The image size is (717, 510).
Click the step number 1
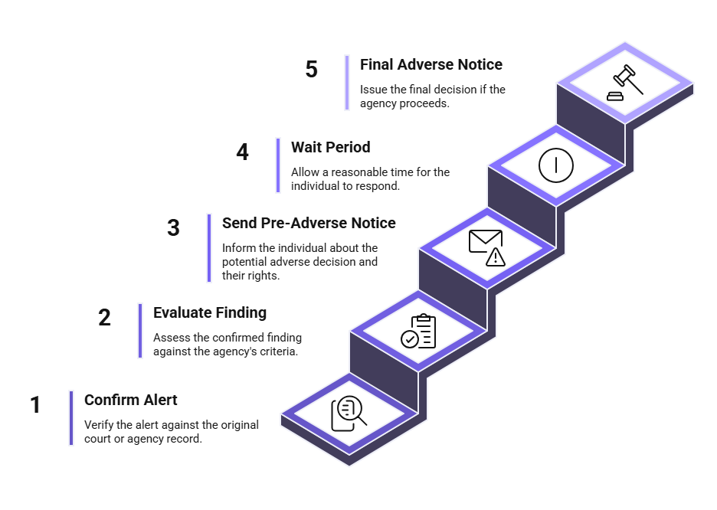click(x=35, y=405)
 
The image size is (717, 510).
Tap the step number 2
click(x=104, y=318)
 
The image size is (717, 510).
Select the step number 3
click(x=173, y=228)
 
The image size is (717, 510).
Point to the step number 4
click(x=242, y=152)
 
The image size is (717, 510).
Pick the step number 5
click(x=312, y=70)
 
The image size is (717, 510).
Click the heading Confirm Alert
click(x=131, y=400)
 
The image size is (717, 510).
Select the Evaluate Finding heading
click(x=210, y=312)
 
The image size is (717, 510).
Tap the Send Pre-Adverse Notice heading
click(x=309, y=223)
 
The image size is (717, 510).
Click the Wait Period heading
click(x=331, y=147)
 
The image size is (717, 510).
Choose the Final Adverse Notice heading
click(x=431, y=64)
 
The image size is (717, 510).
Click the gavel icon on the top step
click(x=625, y=83)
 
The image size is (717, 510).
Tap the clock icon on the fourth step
click(x=556, y=165)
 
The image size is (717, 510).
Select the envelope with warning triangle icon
click(x=487, y=247)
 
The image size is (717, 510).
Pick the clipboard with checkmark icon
click(x=418, y=331)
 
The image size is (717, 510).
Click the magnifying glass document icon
click(x=349, y=414)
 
